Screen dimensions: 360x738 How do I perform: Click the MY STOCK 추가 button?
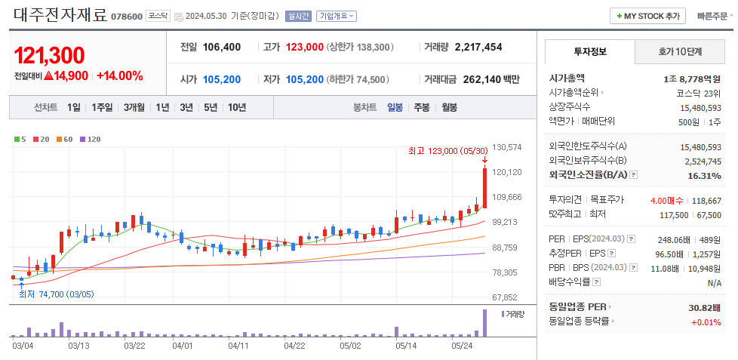click(x=647, y=16)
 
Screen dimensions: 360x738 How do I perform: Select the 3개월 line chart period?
click(x=134, y=107)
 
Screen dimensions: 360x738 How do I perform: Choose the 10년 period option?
click(x=236, y=107)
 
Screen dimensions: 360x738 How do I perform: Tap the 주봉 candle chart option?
click(x=421, y=107)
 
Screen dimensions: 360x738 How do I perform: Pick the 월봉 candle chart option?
click(x=449, y=107)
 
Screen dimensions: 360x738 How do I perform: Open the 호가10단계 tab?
click(x=680, y=52)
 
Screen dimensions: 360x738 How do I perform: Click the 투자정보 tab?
click(x=590, y=52)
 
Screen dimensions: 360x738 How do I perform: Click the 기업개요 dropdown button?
click(x=337, y=16)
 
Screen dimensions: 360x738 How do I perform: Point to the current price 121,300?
click(x=49, y=55)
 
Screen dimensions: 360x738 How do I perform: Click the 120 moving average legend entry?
click(x=91, y=140)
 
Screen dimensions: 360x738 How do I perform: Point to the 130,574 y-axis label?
click(x=507, y=147)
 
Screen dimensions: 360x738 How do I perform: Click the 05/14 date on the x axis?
click(x=406, y=346)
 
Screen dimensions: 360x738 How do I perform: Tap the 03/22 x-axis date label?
click(x=134, y=346)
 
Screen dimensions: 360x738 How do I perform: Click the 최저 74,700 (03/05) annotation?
click(x=56, y=294)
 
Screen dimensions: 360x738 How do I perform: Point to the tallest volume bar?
click(x=484, y=323)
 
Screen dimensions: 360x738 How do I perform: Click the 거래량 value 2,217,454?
click(x=478, y=47)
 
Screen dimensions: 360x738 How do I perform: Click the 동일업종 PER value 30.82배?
click(x=704, y=307)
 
